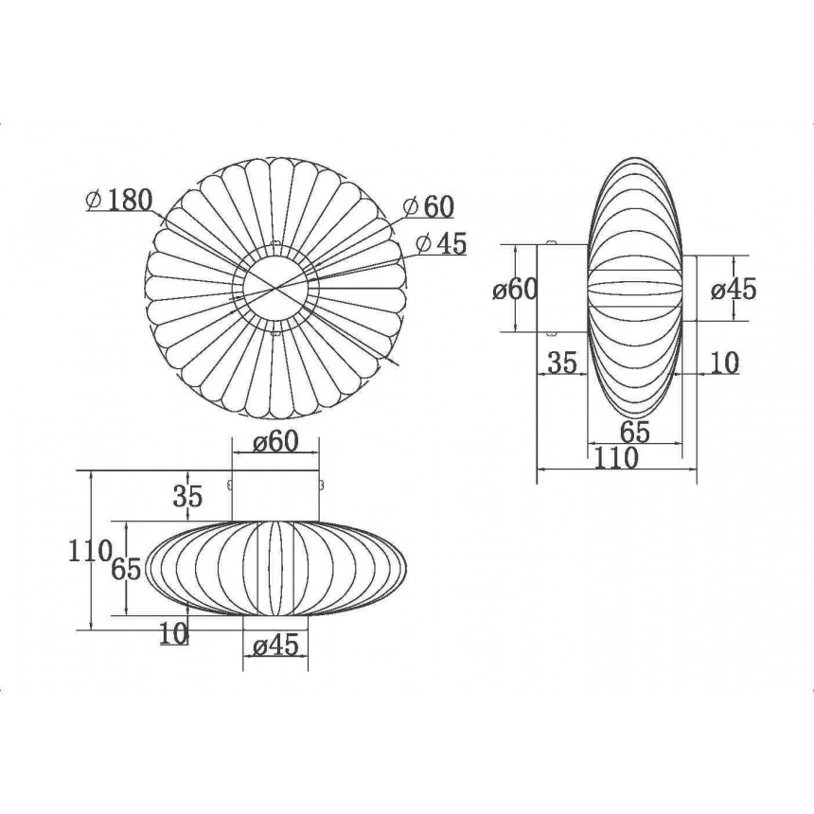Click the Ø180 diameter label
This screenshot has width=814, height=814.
(x=119, y=200)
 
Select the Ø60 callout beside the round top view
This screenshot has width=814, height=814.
(x=429, y=206)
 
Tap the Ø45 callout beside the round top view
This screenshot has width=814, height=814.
(x=442, y=242)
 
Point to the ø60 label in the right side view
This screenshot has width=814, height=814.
(x=515, y=289)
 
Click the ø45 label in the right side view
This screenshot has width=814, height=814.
(x=734, y=289)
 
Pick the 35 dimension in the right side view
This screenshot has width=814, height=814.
(x=562, y=363)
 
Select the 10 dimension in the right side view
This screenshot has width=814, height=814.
(x=724, y=363)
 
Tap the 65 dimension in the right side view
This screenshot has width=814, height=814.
(x=635, y=432)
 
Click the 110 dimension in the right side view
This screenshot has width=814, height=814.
(x=615, y=458)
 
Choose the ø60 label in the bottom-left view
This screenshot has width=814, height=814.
(x=276, y=442)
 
